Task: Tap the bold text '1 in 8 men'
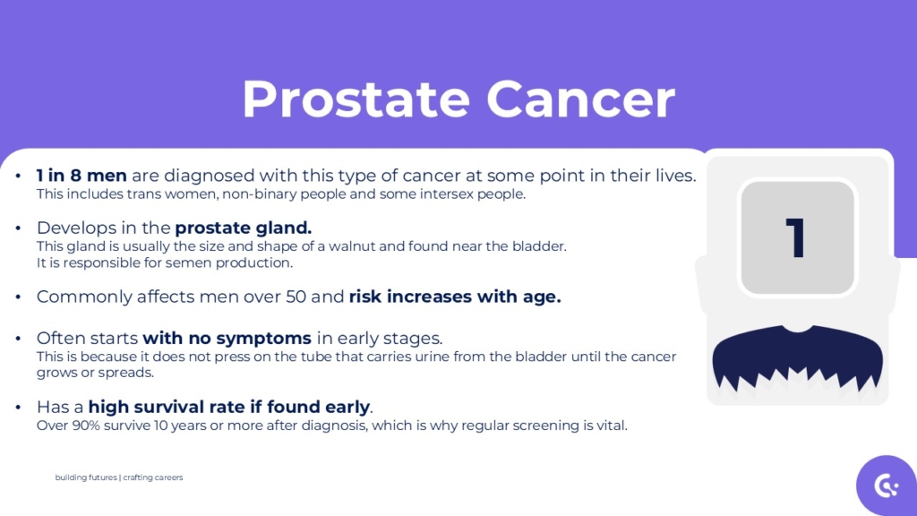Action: coord(81,176)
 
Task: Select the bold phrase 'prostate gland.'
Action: coord(243,228)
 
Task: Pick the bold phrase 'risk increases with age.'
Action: coord(455,297)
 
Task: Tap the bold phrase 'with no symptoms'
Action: coord(227,338)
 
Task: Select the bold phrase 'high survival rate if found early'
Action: coord(229,407)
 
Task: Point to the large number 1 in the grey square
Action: coord(796,237)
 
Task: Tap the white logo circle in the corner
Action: coord(886,486)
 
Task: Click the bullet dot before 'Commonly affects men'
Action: coord(19,297)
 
